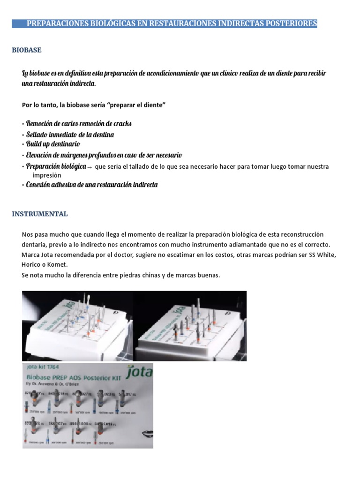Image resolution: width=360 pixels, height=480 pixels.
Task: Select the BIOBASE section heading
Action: pos(27,50)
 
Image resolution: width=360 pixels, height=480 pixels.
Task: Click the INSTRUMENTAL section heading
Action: pos(40,214)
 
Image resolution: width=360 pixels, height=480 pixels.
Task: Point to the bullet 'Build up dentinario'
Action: pos(52,144)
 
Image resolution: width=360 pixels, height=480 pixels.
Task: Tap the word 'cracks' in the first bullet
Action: pos(122,124)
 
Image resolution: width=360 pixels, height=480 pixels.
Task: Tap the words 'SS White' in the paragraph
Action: pos(323,255)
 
